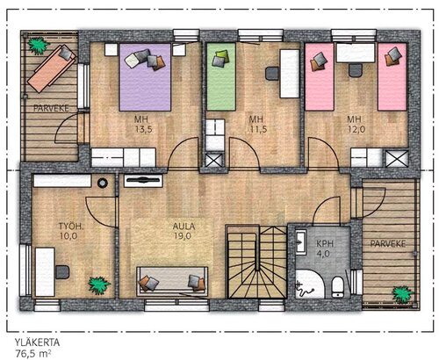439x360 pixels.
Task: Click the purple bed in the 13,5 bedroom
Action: (145, 77)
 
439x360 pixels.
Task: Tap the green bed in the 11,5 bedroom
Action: (221, 76)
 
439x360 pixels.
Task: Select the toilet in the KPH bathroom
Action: (338, 287)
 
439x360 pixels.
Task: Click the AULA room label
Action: (184, 227)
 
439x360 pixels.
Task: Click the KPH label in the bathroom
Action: (325, 243)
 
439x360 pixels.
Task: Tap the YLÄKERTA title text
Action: (37, 342)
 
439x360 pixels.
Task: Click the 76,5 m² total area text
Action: (34, 354)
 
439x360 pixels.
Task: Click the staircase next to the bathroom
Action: (257, 262)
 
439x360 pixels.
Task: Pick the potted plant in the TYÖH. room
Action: (99, 285)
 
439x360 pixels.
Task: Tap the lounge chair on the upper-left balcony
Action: (52, 68)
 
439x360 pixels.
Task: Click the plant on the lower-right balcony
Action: (403, 294)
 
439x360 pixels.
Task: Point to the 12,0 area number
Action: (356, 129)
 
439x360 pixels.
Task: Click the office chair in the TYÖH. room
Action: (62, 272)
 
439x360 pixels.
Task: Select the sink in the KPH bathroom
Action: (301, 241)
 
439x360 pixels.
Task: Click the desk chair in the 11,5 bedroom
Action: (272, 73)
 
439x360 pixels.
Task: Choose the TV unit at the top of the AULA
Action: (143, 181)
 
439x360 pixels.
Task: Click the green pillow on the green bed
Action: (222, 54)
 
